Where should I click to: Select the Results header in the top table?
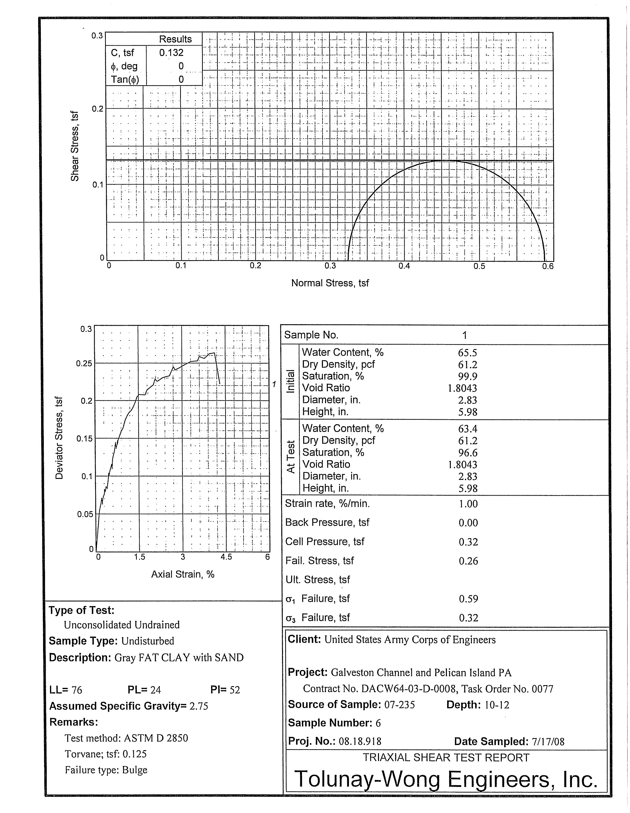pyautogui.click(x=175, y=39)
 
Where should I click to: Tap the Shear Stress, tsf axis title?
pyautogui.click(x=75, y=146)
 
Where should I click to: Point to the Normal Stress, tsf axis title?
pyautogui.click(x=330, y=283)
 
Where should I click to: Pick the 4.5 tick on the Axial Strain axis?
pyautogui.click(x=226, y=557)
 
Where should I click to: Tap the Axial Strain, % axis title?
pyautogui.click(x=183, y=574)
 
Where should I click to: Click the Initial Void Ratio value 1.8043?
pyautogui.click(x=462, y=388)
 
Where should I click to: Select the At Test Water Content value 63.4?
pyautogui.click(x=468, y=429)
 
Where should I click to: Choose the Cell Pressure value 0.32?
pyautogui.click(x=468, y=542)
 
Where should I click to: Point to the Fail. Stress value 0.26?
pyautogui.click(x=468, y=561)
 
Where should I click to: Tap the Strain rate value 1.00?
pyautogui.click(x=468, y=504)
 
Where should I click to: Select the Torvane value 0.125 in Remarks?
pyautogui.click(x=135, y=754)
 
